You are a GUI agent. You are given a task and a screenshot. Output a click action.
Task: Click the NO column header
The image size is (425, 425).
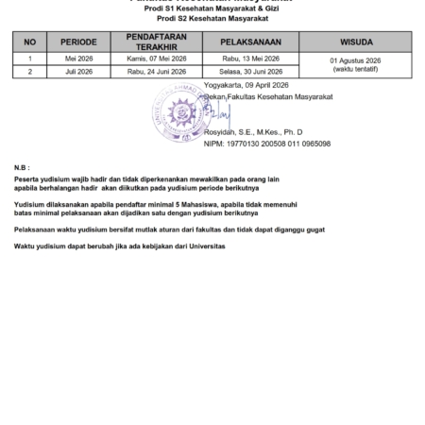pos(29,42)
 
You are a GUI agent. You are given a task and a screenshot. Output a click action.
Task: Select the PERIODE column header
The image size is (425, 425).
pos(78,42)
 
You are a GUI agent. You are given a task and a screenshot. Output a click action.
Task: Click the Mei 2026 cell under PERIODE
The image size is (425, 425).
pos(78,59)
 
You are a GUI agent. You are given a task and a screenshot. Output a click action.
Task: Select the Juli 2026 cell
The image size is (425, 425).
pos(78,71)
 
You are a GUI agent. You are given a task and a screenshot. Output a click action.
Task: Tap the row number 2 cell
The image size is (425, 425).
pos(29,71)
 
